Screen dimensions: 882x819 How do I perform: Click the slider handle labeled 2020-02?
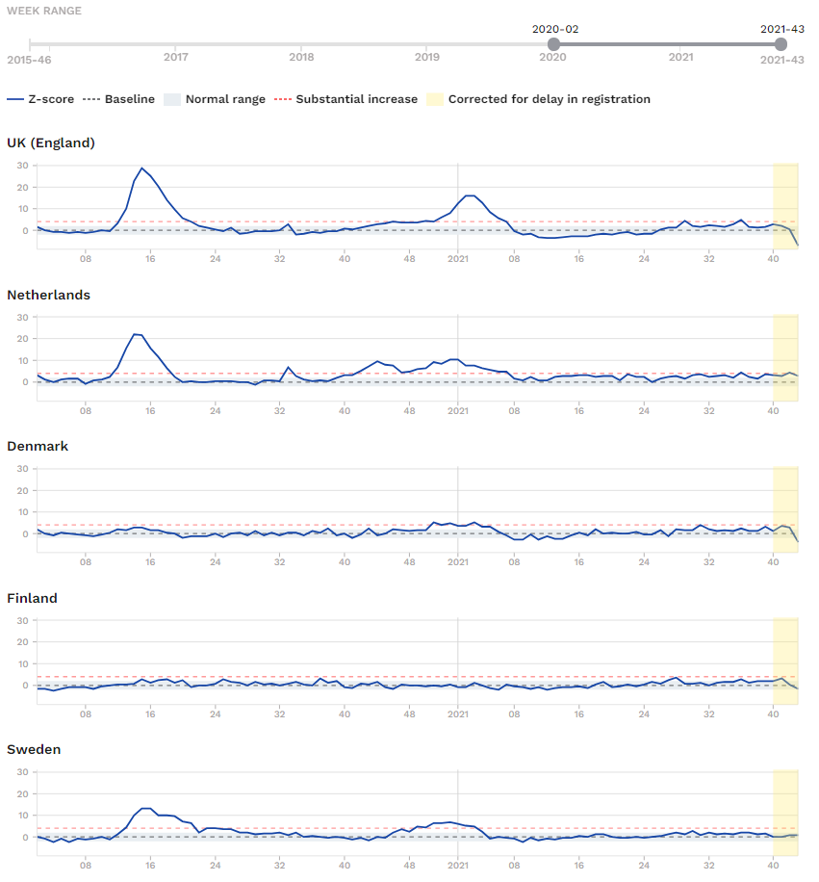coord(553,44)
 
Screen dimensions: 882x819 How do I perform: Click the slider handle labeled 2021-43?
coord(781,44)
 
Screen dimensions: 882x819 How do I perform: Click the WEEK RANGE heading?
coord(44,11)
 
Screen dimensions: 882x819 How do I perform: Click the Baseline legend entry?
coord(119,99)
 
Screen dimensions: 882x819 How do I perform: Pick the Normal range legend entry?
coord(215,99)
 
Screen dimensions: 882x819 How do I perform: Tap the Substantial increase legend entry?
coord(346,99)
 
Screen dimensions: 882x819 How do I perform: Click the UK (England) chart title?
coord(51,143)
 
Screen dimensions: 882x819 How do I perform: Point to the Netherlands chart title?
coord(49,295)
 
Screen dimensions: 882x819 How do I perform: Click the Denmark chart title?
coord(39,446)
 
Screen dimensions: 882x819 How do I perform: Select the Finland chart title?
coord(33,598)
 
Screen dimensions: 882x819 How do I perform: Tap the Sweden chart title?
coord(34,749)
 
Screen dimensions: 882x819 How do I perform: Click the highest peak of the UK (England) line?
coord(141,169)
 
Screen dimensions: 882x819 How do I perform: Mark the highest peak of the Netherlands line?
coord(136,334)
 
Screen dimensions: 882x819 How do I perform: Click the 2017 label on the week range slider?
coord(175,57)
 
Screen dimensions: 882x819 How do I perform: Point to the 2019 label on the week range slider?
coord(427,57)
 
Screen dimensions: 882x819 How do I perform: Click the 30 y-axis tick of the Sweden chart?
coord(20,772)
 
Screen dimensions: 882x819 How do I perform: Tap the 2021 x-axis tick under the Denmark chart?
coord(458,561)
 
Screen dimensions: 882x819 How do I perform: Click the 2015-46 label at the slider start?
coord(30,60)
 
